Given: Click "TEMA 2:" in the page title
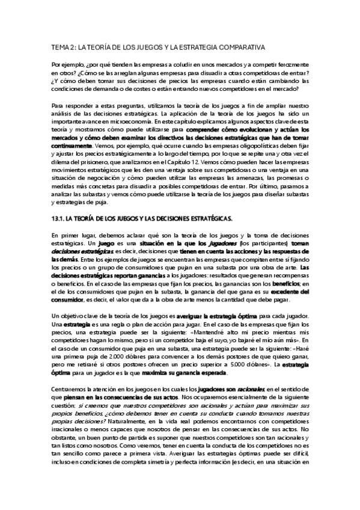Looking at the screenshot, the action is coord(63,46).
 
